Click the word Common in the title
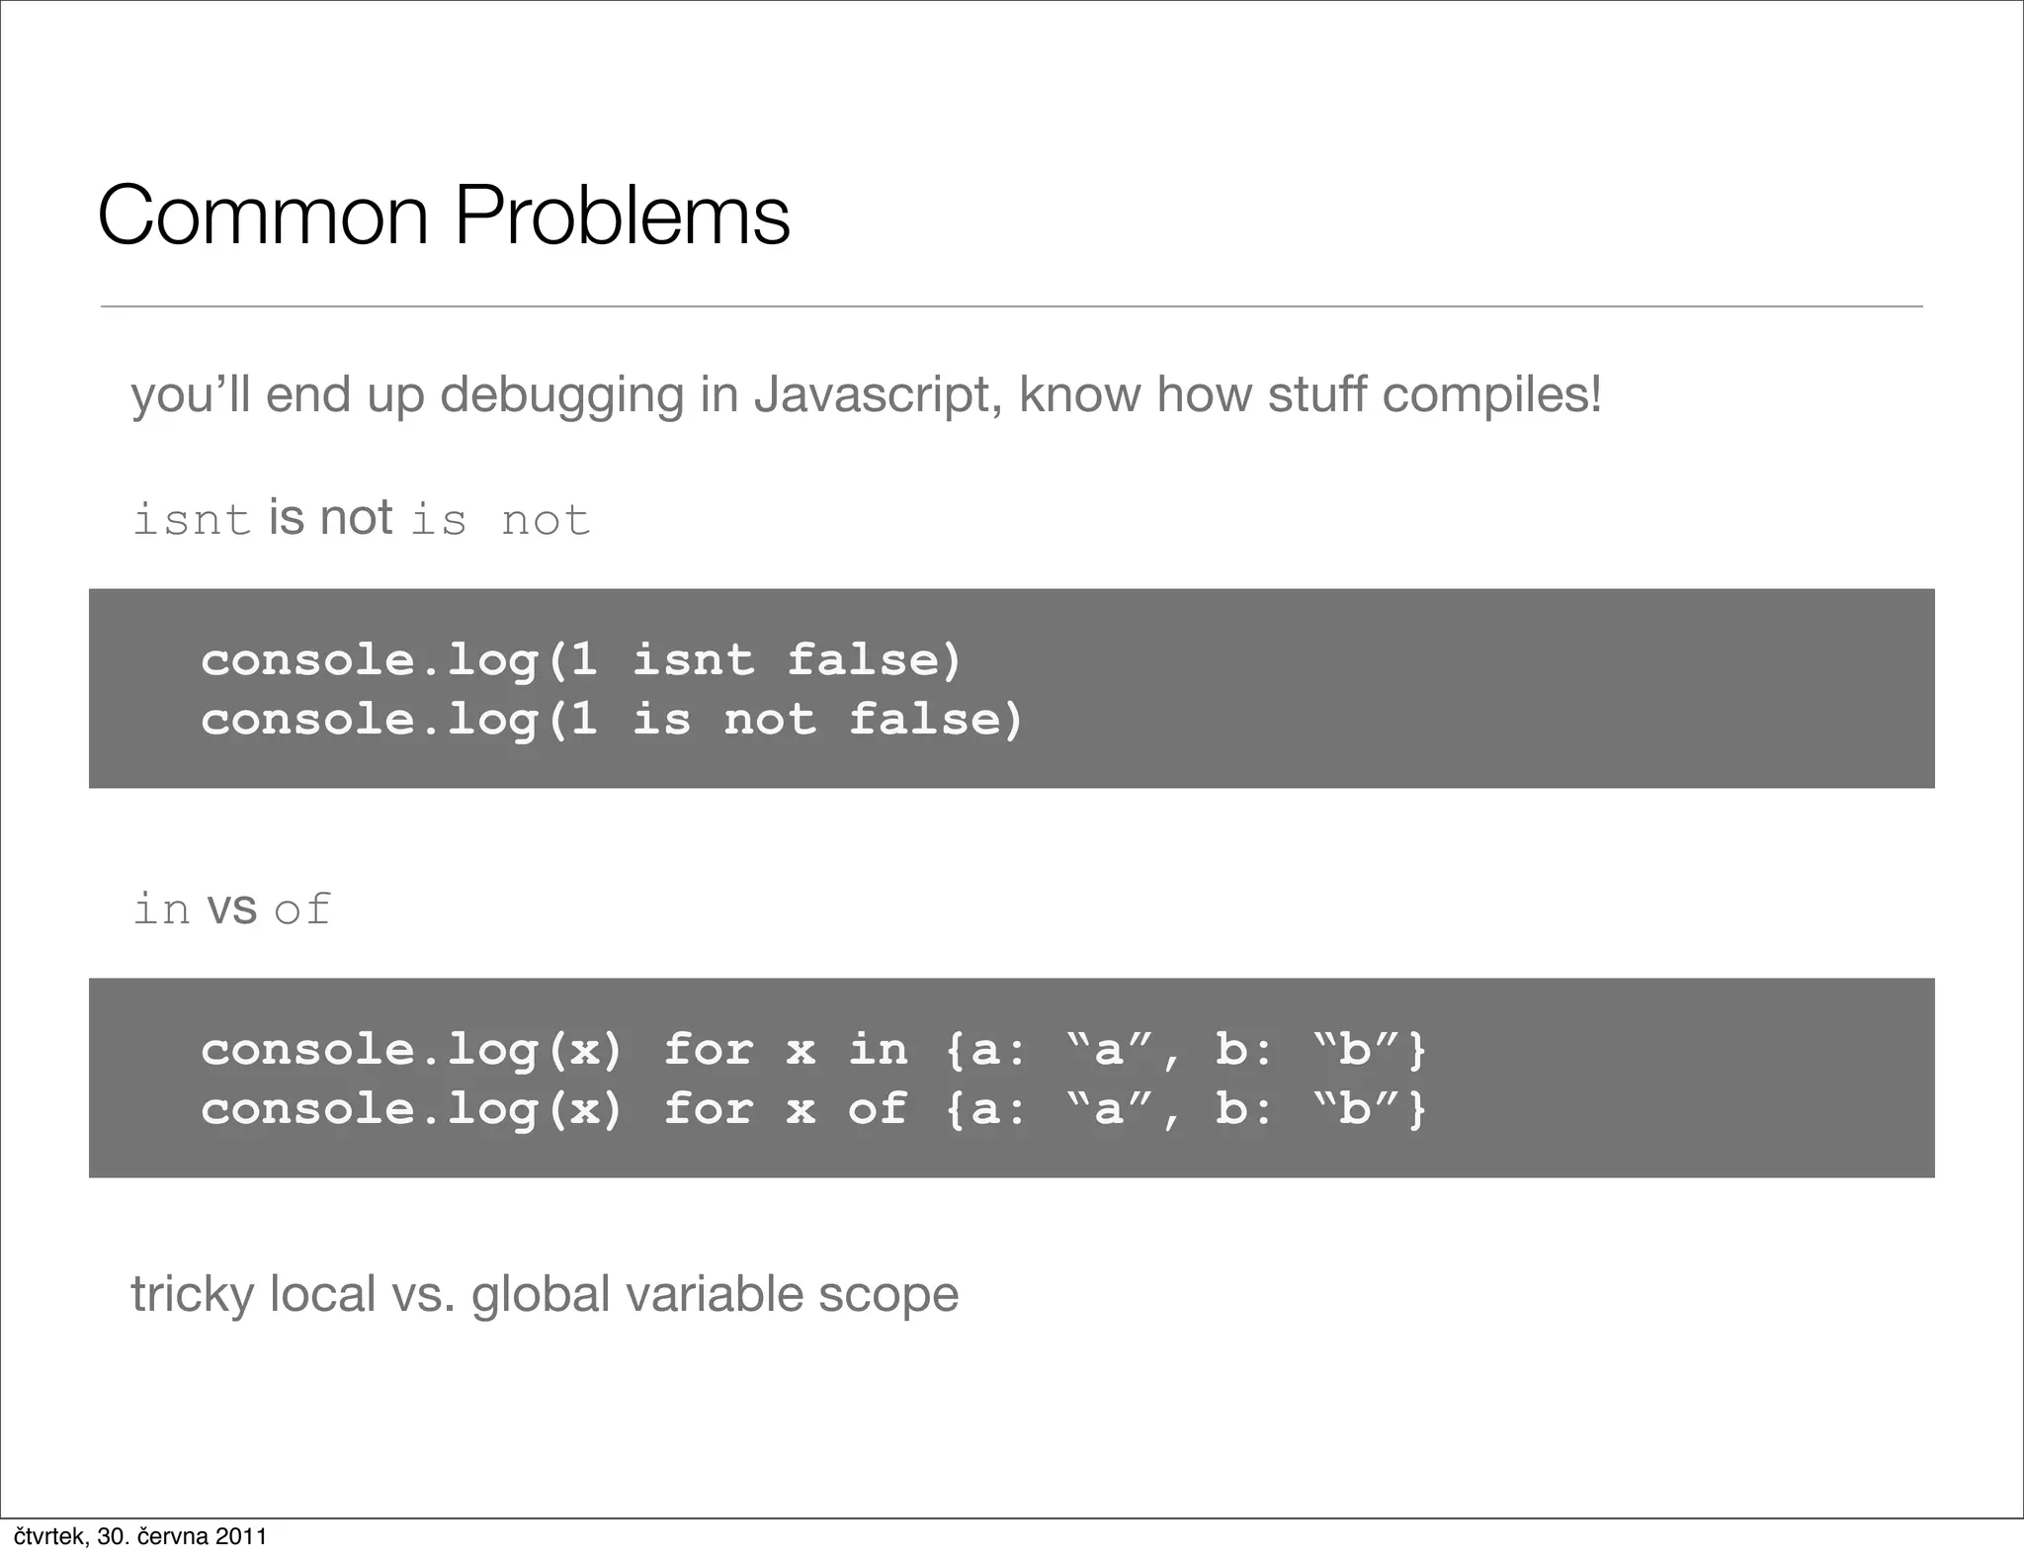[x=263, y=216]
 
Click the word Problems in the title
[x=622, y=216]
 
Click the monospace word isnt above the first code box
[x=192, y=520]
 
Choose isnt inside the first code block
[x=693, y=659]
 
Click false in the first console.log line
[x=874, y=659]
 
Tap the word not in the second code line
[x=770, y=719]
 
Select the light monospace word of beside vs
[x=301, y=909]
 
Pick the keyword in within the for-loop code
[x=878, y=1049]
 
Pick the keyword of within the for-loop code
[x=878, y=1108]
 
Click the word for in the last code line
[x=709, y=1108]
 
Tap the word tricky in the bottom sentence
[x=192, y=1295]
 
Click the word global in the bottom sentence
[x=541, y=1295]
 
